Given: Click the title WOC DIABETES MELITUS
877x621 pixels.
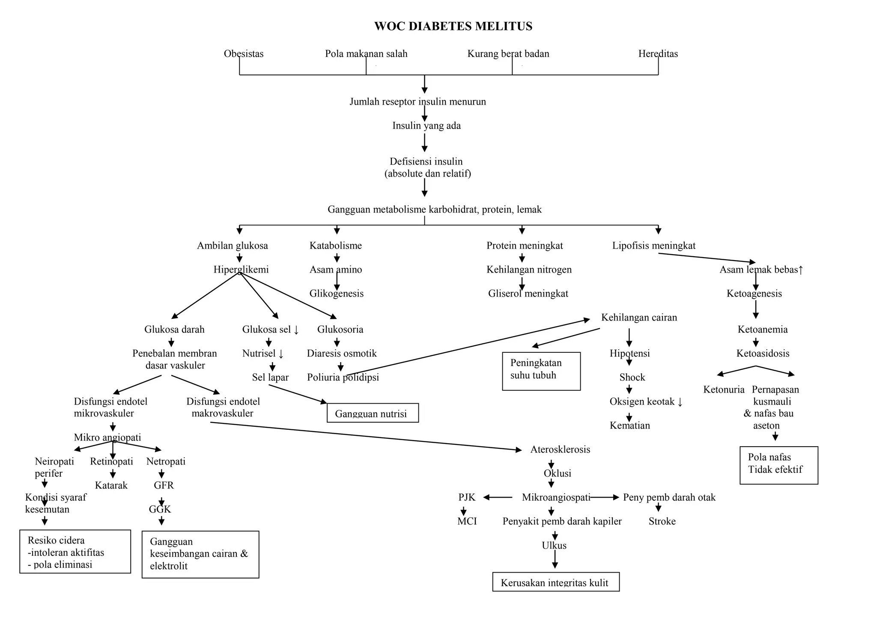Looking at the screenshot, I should [x=453, y=27].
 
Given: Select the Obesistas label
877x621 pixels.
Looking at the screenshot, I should [x=244, y=54].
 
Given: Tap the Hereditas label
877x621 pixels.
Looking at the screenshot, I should [x=658, y=54].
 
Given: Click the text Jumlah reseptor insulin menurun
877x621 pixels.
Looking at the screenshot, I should [x=418, y=102].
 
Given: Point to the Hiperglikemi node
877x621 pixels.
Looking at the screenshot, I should [x=241, y=270].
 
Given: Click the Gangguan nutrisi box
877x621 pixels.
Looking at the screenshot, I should [x=373, y=413].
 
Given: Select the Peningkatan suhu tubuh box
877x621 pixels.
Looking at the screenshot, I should [x=541, y=371].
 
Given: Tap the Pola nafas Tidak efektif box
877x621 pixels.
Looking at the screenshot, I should [x=779, y=465].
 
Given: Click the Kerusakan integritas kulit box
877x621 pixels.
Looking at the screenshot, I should [x=555, y=582].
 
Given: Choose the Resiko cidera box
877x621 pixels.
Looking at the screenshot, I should [x=75, y=552].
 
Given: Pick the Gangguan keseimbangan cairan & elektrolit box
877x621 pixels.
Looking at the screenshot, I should [x=200, y=554].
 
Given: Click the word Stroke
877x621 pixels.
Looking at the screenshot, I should [x=662, y=522].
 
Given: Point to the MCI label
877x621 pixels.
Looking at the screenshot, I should [x=467, y=522].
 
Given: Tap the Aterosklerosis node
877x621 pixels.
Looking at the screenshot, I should [x=560, y=450].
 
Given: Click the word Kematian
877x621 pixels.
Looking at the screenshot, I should [x=629, y=426].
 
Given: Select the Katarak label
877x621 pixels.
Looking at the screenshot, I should [x=111, y=486].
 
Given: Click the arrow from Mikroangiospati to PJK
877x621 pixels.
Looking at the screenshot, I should [x=498, y=498].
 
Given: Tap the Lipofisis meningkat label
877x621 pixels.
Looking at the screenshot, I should [x=653, y=246].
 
